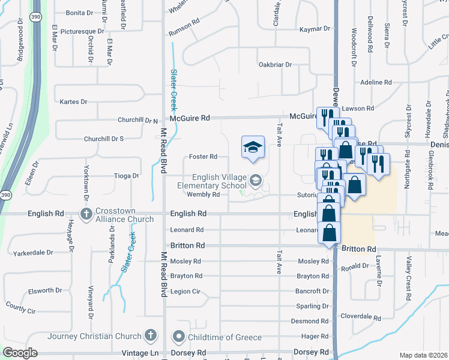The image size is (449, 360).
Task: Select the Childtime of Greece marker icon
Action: click(178, 337)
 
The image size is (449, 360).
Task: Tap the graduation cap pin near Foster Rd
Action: click(253, 147)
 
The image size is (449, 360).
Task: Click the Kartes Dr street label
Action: click(74, 102)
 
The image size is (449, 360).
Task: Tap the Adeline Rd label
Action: click(376, 82)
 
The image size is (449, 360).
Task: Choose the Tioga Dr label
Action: click(126, 176)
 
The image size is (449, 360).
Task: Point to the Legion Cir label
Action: click(185, 292)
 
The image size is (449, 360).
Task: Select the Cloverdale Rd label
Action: click(361, 317)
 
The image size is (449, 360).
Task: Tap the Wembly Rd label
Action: click(203, 194)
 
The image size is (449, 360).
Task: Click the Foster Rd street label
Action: click(203, 157)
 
